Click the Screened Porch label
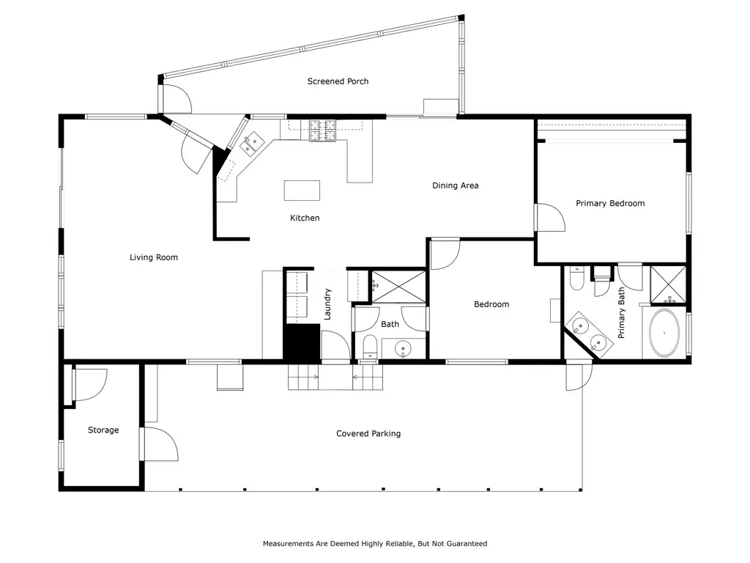tap(338, 81)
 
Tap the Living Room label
tap(154, 257)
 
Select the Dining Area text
tap(456, 185)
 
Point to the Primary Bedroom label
tap(610, 204)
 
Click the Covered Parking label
tap(368, 434)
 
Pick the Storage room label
tap(103, 430)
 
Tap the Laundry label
tap(327, 304)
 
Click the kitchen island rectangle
tap(302, 190)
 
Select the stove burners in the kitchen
tap(322, 130)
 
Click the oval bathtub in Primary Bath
tap(664, 333)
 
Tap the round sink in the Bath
tap(404, 349)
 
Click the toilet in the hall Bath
tap(370, 347)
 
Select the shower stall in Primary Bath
tap(668, 285)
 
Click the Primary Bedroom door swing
tap(550, 218)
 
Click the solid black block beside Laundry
tap(301, 342)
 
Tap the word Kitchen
tap(305, 218)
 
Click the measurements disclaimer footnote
tap(375, 543)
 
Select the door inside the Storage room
tap(91, 385)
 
